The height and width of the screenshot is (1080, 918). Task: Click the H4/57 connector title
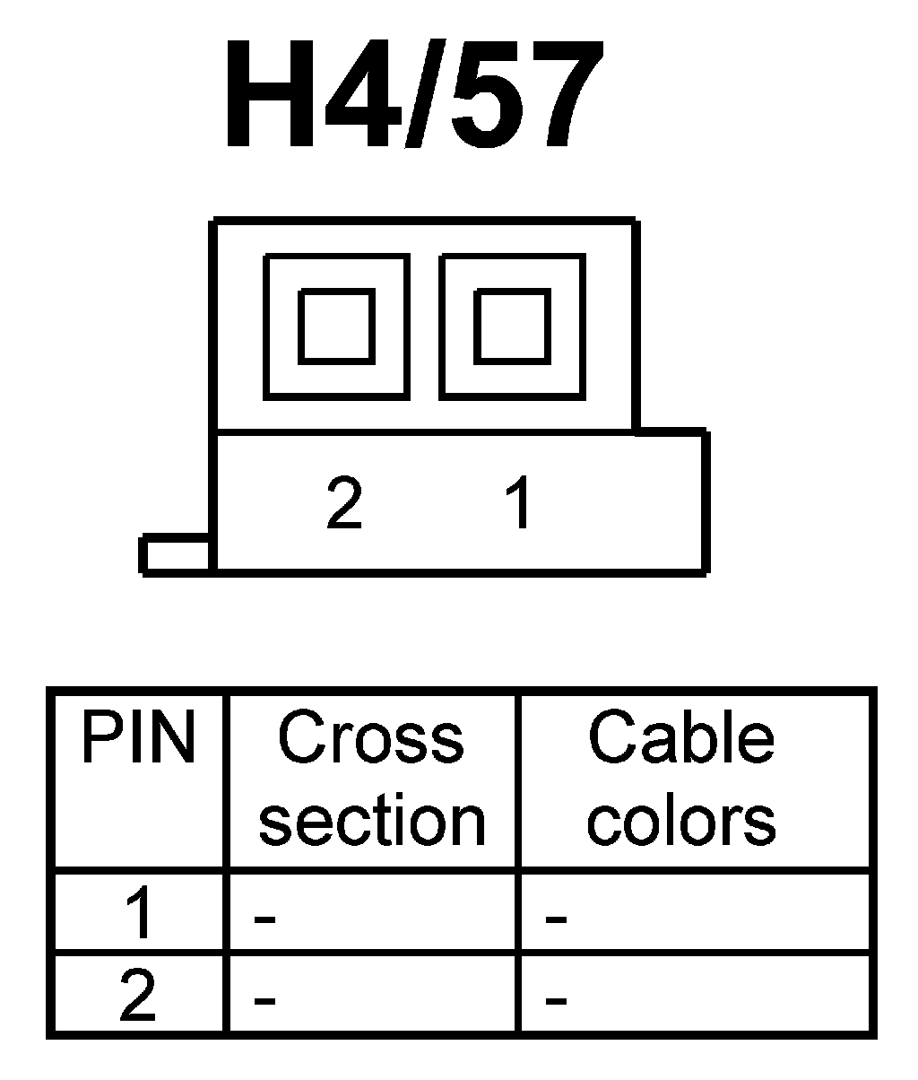(x=410, y=96)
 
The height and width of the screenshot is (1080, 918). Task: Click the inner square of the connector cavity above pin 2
(x=336, y=326)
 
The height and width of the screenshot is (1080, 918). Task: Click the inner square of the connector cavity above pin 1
(x=511, y=326)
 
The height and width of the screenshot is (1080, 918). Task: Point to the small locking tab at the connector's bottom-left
(x=176, y=554)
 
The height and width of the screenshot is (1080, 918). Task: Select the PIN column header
(x=138, y=739)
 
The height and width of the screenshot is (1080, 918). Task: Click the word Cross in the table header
(x=371, y=739)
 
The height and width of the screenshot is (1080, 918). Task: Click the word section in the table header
(x=372, y=820)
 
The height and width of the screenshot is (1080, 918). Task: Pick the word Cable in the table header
(x=681, y=739)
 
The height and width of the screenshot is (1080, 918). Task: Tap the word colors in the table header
(x=681, y=820)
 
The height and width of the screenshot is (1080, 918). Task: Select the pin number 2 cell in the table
(x=138, y=996)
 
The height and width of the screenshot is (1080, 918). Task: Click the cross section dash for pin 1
(x=264, y=919)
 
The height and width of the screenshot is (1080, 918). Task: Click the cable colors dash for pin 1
(x=556, y=919)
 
